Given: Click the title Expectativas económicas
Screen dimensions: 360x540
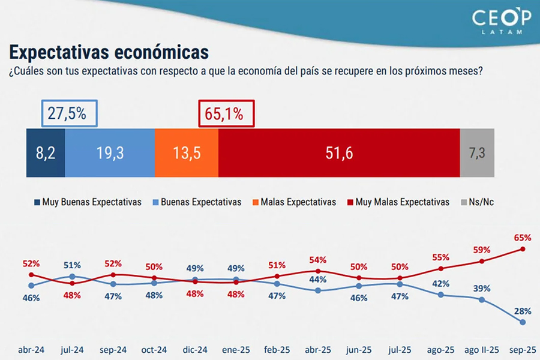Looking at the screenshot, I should click(109, 50).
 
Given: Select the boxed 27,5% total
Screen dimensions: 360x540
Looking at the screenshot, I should click(69, 114).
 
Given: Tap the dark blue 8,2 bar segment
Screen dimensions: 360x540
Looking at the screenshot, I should click(46, 153).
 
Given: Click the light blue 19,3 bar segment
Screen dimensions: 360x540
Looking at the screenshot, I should click(110, 153).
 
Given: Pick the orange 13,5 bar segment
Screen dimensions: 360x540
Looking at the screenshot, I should click(187, 153).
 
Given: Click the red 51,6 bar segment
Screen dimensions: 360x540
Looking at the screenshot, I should click(339, 153).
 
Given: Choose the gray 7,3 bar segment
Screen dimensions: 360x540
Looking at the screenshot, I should click(477, 153).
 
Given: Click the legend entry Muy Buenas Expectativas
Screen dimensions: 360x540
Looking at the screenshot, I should click(88, 202).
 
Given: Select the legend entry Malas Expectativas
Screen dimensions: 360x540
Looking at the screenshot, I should click(293, 202).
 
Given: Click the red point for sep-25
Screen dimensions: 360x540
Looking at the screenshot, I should click(523, 249).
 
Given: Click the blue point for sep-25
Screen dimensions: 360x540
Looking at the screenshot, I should click(523, 322).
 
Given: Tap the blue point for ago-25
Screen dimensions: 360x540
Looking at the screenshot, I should click(441, 295).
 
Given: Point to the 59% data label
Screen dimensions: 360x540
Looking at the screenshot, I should click(482, 250).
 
